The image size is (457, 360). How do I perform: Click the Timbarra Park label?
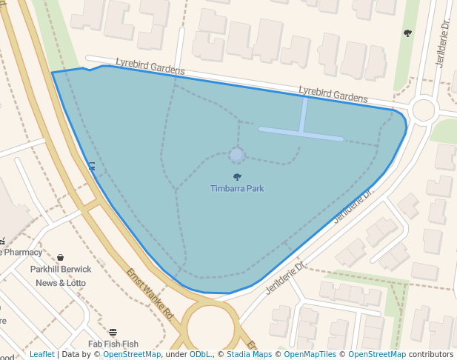(x=237, y=188)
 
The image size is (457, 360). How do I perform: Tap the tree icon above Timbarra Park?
(x=237, y=176)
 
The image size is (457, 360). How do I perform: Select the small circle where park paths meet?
(x=237, y=155)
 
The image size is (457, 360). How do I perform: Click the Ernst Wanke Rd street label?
(x=149, y=293)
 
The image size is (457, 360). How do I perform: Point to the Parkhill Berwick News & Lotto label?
(x=61, y=276)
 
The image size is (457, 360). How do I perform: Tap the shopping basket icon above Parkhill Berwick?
(x=60, y=257)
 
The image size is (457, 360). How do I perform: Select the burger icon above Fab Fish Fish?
(x=113, y=332)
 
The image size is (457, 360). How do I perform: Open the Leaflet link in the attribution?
(x=42, y=355)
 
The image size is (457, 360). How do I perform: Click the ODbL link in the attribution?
(x=200, y=355)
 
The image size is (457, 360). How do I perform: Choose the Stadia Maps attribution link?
(x=249, y=355)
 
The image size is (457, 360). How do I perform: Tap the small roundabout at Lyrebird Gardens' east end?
(x=423, y=110)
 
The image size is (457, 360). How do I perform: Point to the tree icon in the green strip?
(x=407, y=33)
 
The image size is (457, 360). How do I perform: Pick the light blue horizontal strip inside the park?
(x=301, y=133)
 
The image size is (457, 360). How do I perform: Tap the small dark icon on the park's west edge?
(x=92, y=166)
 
